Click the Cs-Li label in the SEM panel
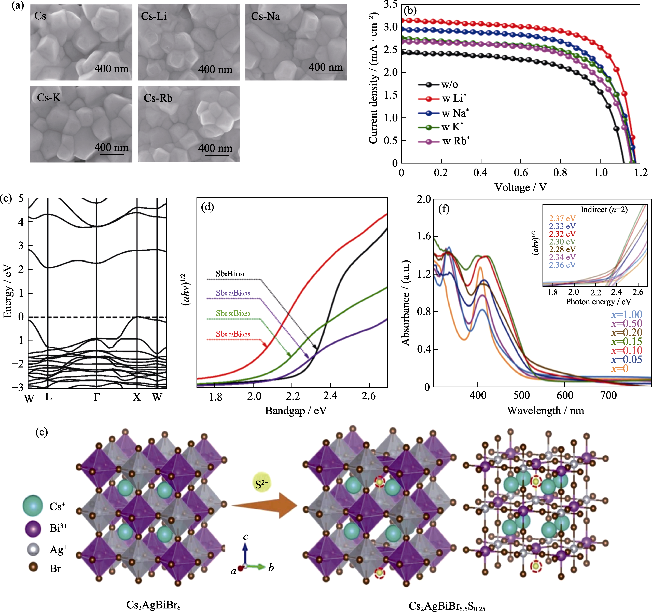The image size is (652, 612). [154, 16]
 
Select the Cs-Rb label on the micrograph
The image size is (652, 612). [158, 98]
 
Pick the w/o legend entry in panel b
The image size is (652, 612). [450, 84]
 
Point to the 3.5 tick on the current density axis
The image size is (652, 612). [390, 5]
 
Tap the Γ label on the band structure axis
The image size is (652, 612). [96, 397]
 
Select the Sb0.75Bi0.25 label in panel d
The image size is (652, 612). [233, 334]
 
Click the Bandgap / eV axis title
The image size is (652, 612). [296, 411]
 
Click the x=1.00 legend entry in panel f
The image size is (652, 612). [626, 315]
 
